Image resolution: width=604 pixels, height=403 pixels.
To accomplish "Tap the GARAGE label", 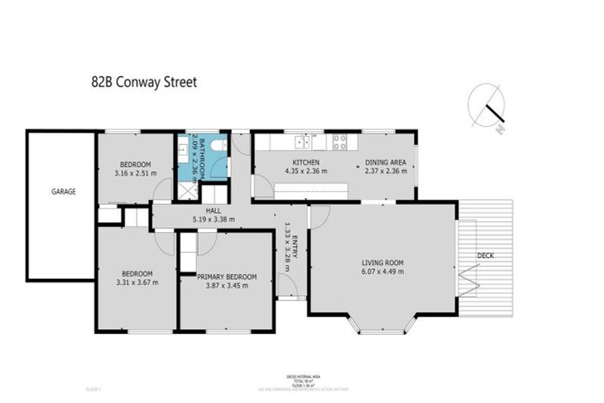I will tap(64, 191).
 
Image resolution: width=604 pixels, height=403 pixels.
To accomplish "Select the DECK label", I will tap(486, 255).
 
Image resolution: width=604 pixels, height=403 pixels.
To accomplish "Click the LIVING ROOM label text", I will tap(382, 262).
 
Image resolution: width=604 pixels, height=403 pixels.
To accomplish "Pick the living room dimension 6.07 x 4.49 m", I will tap(382, 272).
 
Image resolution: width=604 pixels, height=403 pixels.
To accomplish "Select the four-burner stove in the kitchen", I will tap(340, 142).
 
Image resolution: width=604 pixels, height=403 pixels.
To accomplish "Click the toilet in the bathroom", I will tap(222, 145).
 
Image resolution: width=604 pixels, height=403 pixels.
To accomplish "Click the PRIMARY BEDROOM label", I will tap(226, 276).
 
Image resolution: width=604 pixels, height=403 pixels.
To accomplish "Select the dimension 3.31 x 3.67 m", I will tap(136, 282).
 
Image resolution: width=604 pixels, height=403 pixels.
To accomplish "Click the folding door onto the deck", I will tap(469, 279).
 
